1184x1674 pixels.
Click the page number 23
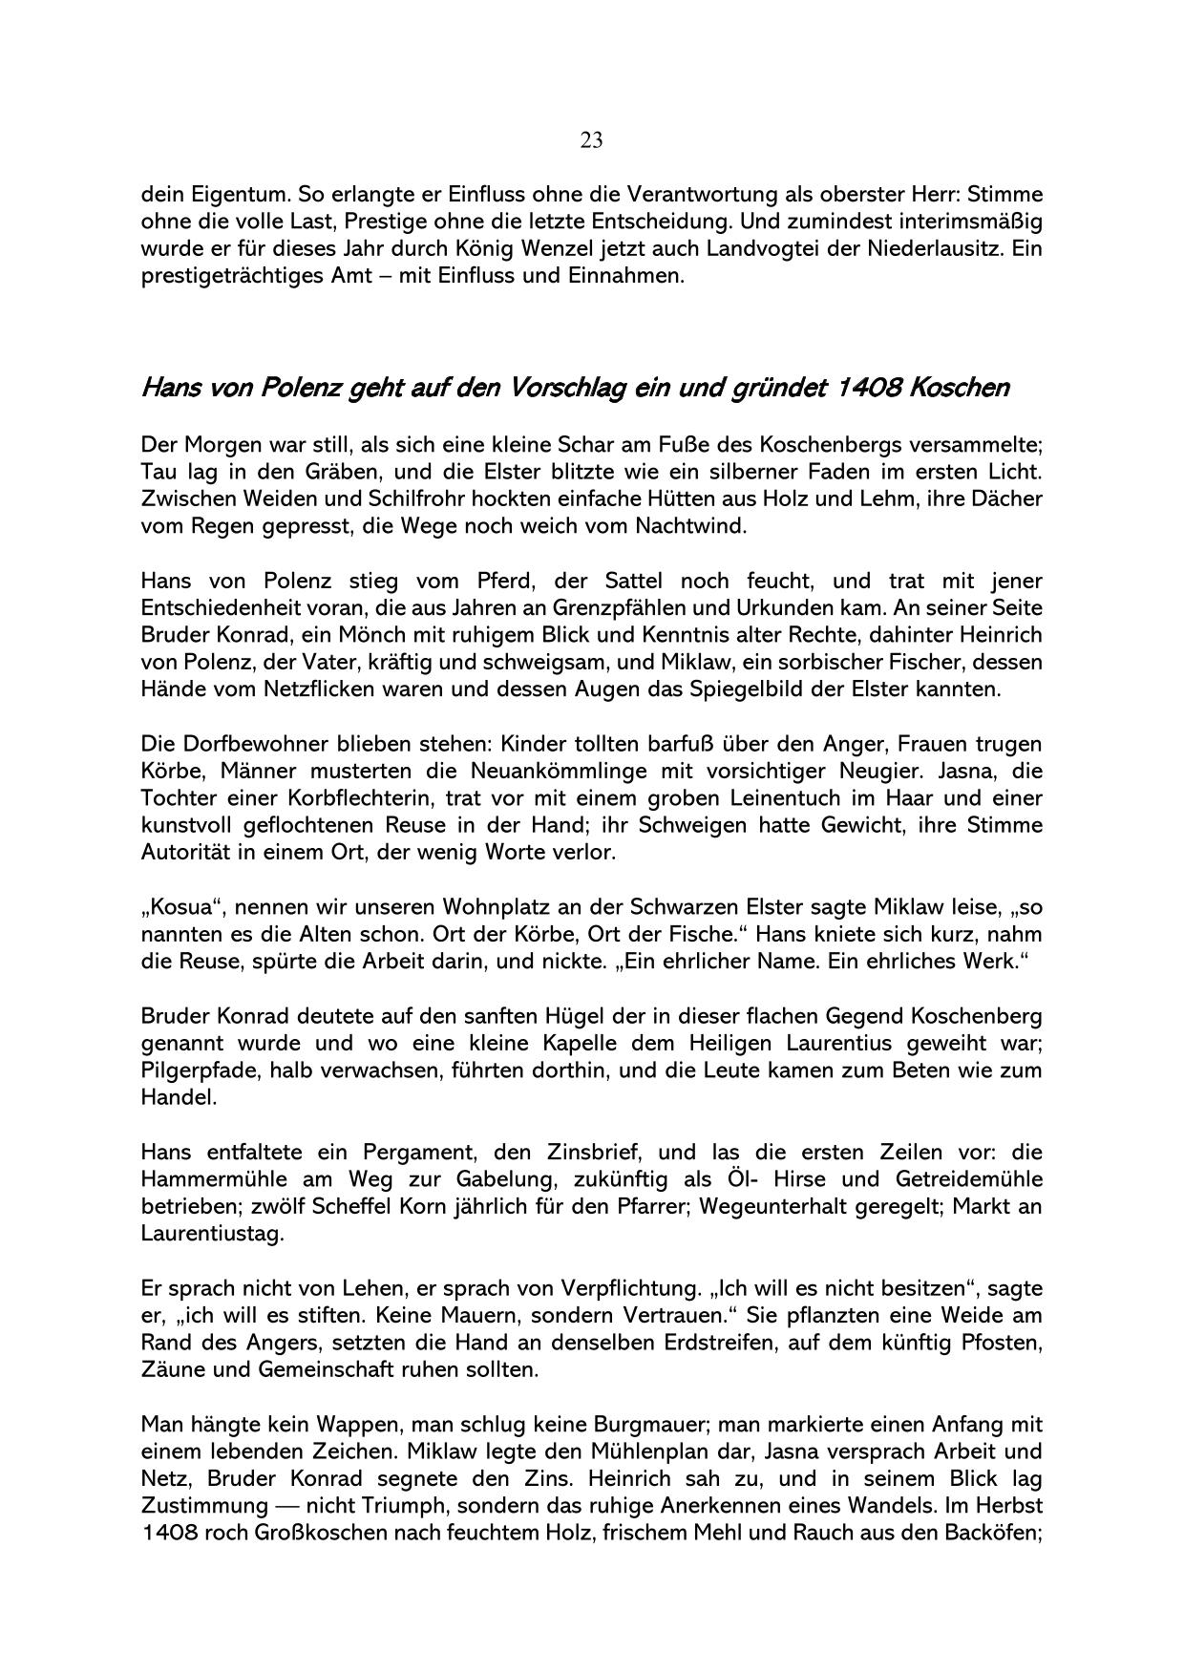coord(591,141)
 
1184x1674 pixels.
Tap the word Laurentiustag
coord(212,1234)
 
